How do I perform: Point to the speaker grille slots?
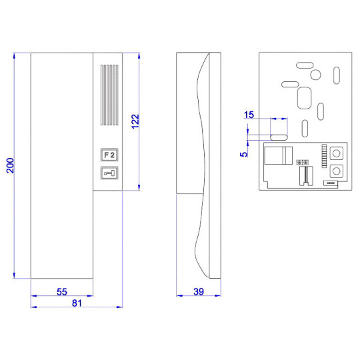[108, 95]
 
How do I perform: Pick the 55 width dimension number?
[61, 292]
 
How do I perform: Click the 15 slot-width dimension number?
[249, 115]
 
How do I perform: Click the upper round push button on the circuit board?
[337, 151]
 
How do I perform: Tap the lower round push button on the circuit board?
[337, 171]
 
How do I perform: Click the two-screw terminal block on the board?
[303, 162]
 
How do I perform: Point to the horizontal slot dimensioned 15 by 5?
[279, 134]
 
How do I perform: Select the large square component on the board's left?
[275, 155]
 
